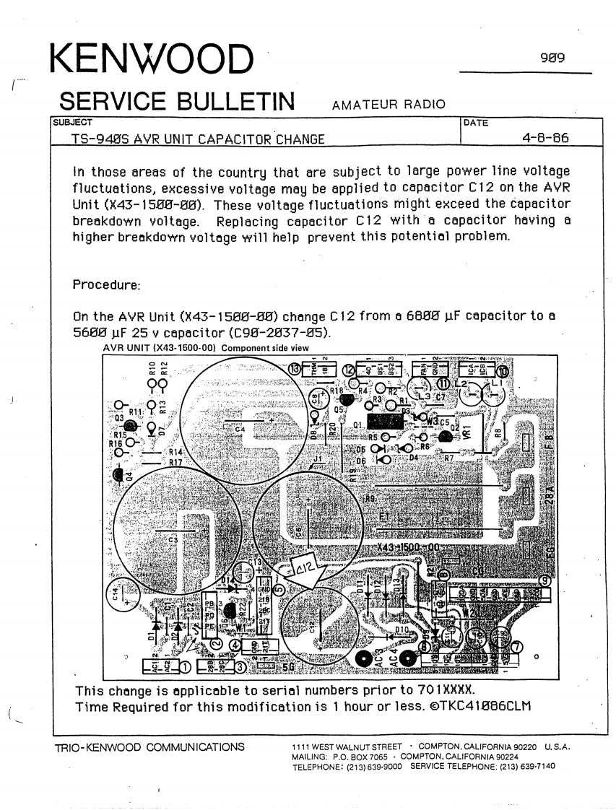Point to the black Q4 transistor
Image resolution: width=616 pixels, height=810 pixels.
118,474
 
